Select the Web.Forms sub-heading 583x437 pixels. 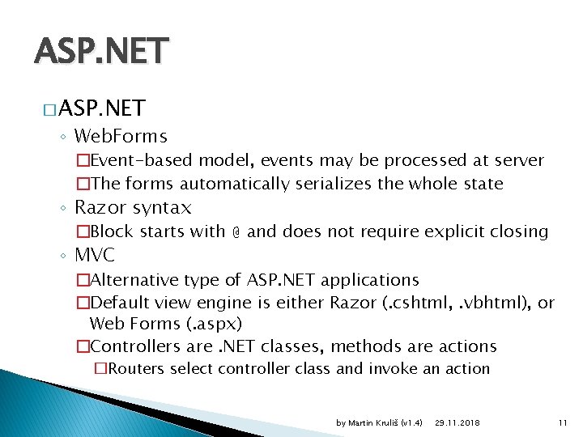pos(121,136)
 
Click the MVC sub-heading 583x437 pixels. pos(95,256)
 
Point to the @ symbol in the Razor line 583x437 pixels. pos(236,232)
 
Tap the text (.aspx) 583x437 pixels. pos(216,324)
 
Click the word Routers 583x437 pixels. pos(137,369)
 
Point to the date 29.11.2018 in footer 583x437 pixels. pos(457,423)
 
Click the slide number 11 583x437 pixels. pos(564,423)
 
